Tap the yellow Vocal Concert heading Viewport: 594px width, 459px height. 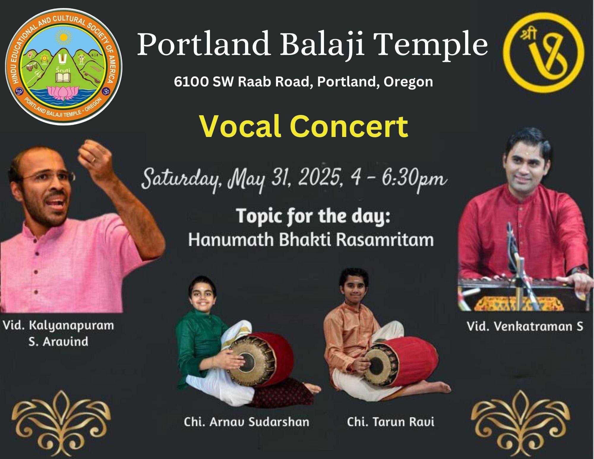point(304,127)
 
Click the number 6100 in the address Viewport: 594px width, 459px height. point(191,82)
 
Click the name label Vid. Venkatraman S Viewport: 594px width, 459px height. point(525,326)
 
